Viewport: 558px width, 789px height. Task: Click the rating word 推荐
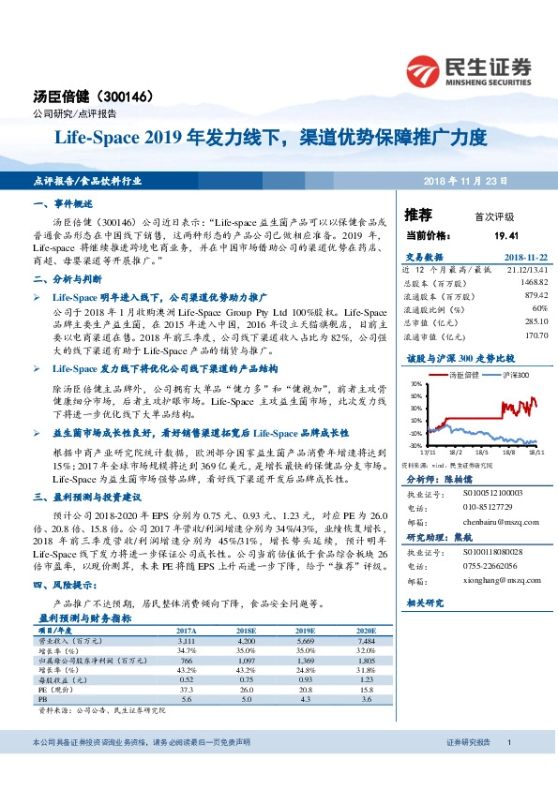(418, 216)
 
